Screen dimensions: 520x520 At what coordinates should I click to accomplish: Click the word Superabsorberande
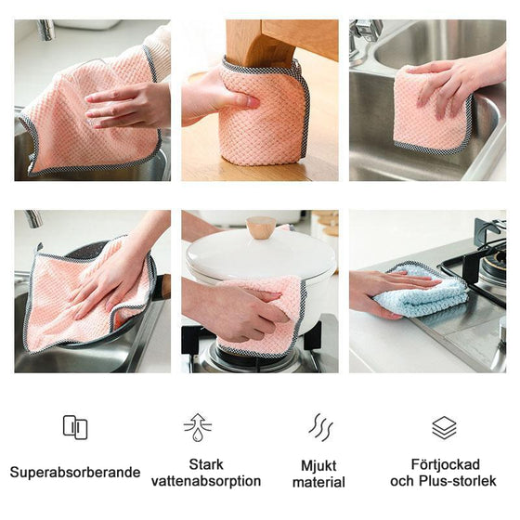(75, 473)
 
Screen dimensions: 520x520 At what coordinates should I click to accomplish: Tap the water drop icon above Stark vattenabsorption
(197, 427)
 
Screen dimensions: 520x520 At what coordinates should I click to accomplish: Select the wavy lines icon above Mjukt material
(320, 427)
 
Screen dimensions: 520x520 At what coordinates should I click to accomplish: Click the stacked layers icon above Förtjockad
(444, 427)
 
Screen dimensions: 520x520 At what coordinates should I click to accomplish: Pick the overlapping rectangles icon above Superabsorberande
(75, 427)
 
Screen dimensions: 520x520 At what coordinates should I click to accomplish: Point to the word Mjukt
(318, 465)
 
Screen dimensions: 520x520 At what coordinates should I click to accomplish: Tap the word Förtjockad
(444, 463)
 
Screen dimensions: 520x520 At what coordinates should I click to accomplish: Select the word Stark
(206, 463)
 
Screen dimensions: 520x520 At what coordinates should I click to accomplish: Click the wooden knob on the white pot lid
(261, 227)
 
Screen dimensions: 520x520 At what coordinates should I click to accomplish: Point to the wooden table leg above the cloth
(269, 42)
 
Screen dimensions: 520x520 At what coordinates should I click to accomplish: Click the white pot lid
(260, 255)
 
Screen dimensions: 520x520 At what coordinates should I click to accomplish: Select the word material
(318, 482)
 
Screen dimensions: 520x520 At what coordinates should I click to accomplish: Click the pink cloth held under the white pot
(269, 311)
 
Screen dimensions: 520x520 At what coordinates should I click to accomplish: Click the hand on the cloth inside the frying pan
(107, 279)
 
